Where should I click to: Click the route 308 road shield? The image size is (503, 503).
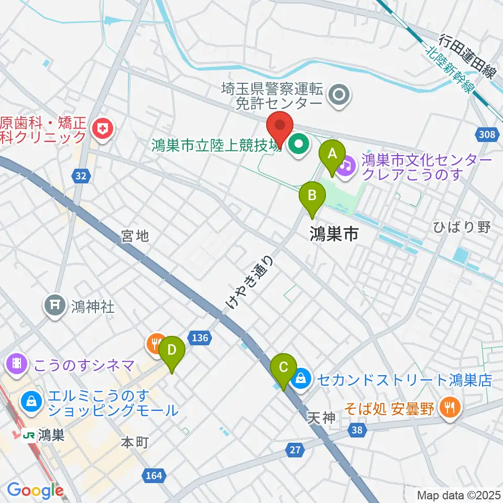point(487,135)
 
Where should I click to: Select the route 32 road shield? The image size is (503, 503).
point(80,177)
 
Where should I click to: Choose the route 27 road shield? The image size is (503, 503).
point(294,449)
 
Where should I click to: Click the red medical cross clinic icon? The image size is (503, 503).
point(102,128)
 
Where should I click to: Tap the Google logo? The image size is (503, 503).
point(35,490)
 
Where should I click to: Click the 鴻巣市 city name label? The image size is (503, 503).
point(334,233)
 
